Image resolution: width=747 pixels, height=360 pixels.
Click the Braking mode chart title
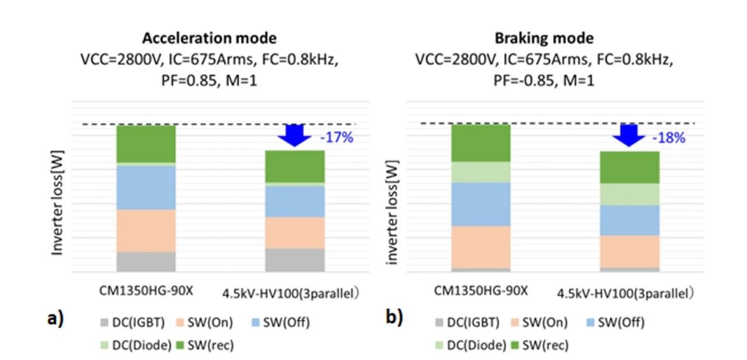[x=544, y=39]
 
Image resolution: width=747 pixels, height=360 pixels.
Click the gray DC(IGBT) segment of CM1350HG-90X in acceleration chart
[x=146, y=261]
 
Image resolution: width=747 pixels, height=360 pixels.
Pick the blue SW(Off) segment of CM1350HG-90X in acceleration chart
[x=146, y=188]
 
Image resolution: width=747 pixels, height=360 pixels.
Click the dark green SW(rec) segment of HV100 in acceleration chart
[x=294, y=166]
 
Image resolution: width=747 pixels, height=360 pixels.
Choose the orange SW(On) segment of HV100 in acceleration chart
[x=294, y=233]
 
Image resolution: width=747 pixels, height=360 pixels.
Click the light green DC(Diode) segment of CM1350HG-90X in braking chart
[x=481, y=172]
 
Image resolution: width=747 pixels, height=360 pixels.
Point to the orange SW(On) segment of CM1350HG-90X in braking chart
[x=481, y=247]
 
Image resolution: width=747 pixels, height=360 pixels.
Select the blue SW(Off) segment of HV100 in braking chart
[x=630, y=220]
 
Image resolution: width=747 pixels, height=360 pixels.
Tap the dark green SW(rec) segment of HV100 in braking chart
[x=630, y=167]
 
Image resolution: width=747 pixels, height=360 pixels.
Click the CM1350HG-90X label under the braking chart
[x=480, y=291]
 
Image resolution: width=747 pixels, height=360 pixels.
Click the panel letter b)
[x=394, y=318]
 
